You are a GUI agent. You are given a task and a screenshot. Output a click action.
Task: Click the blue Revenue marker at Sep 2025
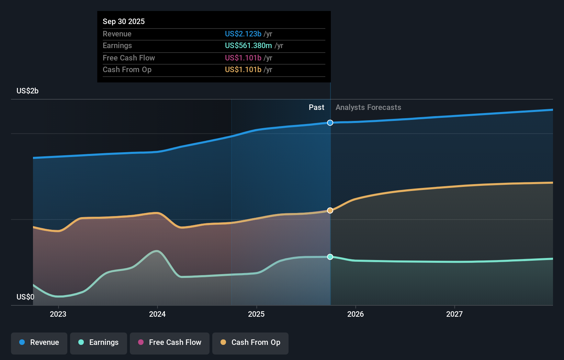pyautogui.click(x=330, y=123)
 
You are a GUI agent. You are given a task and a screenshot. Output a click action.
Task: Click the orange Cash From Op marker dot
pyautogui.click(x=330, y=210)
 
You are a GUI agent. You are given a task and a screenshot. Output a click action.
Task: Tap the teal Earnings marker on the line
pyautogui.click(x=330, y=257)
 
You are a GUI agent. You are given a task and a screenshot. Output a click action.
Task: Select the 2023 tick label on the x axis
pyautogui.click(x=58, y=314)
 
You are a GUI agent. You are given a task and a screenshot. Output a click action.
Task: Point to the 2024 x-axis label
pyautogui.click(x=157, y=314)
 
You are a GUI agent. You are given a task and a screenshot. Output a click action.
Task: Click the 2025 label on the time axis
pyautogui.click(x=256, y=314)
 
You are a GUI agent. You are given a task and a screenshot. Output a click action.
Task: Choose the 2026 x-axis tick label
pyautogui.click(x=356, y=314)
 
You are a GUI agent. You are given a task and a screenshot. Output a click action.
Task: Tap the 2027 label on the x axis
pyautogui.click(x=454, y=314)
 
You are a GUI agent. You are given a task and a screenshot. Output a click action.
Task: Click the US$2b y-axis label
pyautogui.click(x=27, y=91)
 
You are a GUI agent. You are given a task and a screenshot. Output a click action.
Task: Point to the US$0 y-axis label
pyautogui.click(x=25, y=297)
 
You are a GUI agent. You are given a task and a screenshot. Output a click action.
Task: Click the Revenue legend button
pyautogui.click(x=39, y=342)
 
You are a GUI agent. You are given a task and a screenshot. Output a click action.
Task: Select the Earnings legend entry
pyautogui.click(x=99, y=342)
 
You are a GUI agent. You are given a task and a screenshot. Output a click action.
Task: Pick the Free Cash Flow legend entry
pyautogui.click(x=170, y=342)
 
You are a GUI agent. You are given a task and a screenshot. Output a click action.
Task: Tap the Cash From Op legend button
pyautogui.click(x=250, y=342)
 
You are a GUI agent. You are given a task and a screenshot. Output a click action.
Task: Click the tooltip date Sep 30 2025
pyautogui.click(x=124, y=21)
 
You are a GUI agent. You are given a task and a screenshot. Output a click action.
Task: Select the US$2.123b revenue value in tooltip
pyautogui.click(x=243, y=34)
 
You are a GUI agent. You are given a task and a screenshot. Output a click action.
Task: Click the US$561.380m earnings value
pyautogui.click(x=248, y=45)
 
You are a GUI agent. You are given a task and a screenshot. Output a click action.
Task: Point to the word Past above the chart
pyautogui.click(x=316, y=107)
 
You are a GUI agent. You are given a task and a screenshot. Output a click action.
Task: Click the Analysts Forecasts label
pyautogui.click(x=368, y=107)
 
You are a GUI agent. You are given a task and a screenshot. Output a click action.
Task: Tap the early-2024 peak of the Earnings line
pyautogui.click(x=157, y=251)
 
